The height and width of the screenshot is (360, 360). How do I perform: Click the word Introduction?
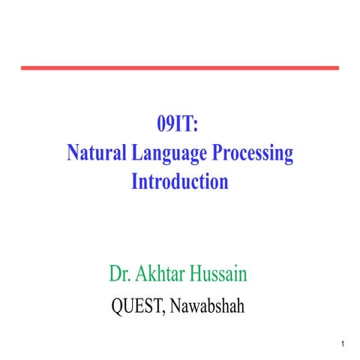click(180, 181)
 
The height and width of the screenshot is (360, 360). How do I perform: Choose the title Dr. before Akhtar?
click(121, 273)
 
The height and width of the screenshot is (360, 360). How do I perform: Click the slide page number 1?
click(342, 344)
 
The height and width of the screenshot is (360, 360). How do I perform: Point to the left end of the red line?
click(22, 67)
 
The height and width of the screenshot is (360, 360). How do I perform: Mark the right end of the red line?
click(337, 67)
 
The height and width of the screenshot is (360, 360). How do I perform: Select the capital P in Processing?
click(218, 153)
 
